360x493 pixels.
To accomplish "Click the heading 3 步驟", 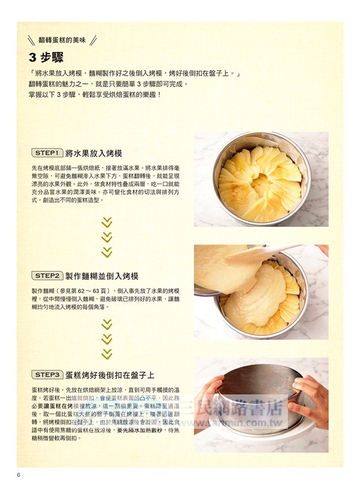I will [x=52, y=59].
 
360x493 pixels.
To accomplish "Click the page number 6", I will [x=19, y=474].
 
